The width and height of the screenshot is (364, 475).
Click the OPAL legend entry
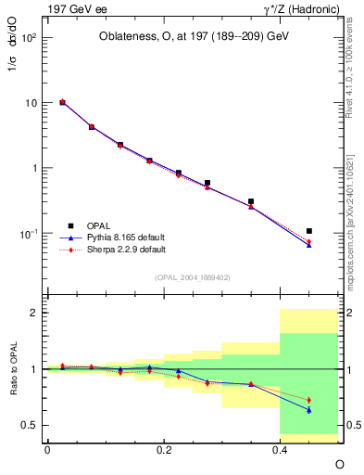coord(101,225)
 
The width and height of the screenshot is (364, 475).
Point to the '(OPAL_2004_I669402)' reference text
coord(194,276)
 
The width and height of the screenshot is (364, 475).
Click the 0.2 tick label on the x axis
coord(164,449)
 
